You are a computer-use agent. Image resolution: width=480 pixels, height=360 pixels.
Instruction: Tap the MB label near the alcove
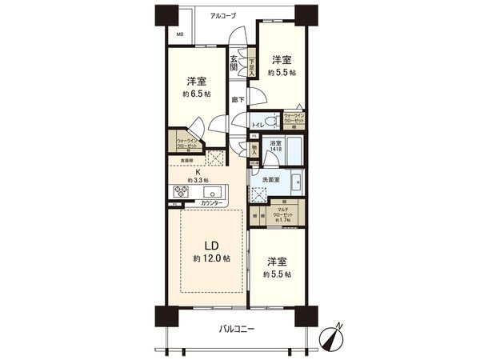click(179, 34)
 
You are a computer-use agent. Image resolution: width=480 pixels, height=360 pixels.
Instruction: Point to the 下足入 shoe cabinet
click(250, 67)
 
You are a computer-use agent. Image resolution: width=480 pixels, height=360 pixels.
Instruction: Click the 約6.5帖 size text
click(197, 93)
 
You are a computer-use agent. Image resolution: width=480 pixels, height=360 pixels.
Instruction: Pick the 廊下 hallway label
click(238, 100)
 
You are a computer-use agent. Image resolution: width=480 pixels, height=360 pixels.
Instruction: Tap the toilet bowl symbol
click(271, 122)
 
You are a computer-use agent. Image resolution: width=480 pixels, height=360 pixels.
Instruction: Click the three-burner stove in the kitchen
click(181, 191)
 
